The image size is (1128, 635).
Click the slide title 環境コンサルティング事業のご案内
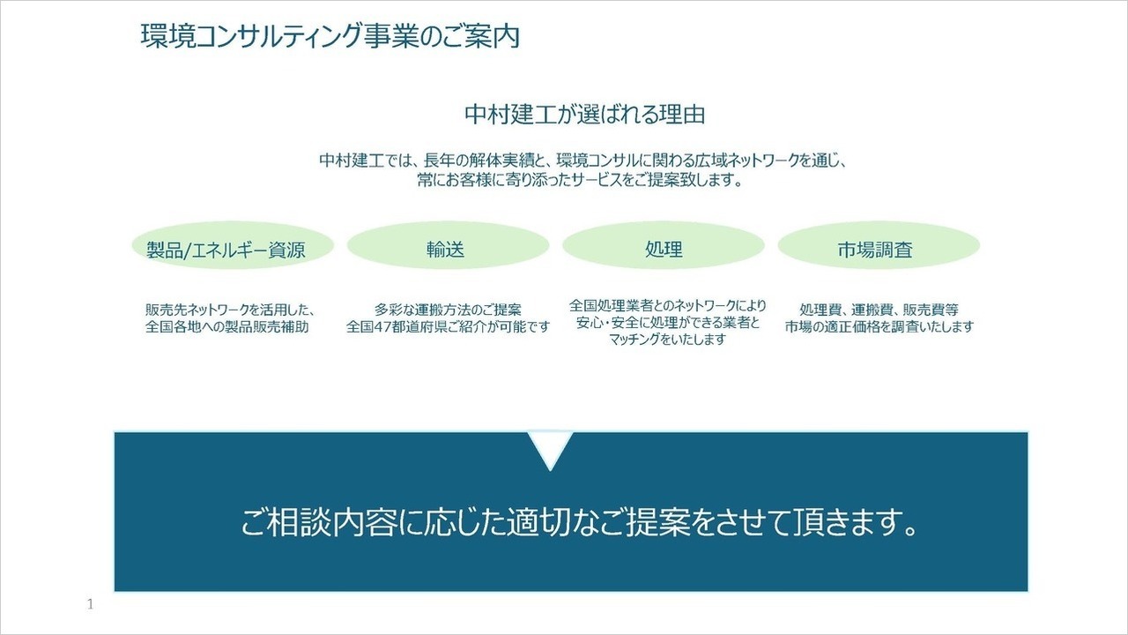330,37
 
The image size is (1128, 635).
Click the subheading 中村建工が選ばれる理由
584,115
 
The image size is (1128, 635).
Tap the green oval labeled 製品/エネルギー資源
226,250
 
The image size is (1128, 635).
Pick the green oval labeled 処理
663,250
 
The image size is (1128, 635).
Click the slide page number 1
91,605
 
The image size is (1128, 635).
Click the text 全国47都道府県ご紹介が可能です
448,326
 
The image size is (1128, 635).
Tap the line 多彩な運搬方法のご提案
448,310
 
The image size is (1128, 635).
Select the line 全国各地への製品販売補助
227,326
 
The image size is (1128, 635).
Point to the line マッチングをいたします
667,340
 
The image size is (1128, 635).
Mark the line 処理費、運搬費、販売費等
879,310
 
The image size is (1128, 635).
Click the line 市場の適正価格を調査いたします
879,326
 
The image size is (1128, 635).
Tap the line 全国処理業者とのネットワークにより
667,306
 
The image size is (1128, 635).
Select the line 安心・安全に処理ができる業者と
667,323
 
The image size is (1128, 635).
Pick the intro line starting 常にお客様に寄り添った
583,181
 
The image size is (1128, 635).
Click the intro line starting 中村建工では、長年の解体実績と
583,161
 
